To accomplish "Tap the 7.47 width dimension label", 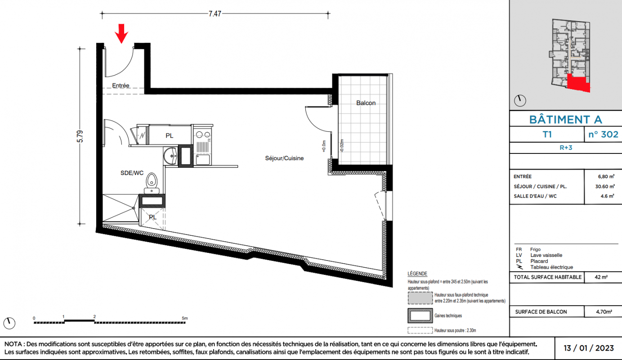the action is (x=215, y=13).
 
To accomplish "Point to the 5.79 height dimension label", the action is (x=80, y=136).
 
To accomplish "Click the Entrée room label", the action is (x=121, y=85).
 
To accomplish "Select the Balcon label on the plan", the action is (x=366, y=103).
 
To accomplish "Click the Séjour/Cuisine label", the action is (x=284, y=158).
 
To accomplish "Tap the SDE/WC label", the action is (x=132, y=173).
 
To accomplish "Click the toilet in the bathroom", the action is (x=152, y=183).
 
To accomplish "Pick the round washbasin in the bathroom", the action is (x=170, y=156).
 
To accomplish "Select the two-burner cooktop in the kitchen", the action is (x=203, y=135).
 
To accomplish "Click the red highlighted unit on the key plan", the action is (x=578, y=83).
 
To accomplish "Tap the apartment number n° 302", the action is (x=603, y=135).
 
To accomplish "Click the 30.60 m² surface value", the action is (x=605, y=186).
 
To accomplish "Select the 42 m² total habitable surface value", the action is (x=601, y=277).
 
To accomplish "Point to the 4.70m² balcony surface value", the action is (x=604, y=312).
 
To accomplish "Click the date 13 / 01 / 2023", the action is (x=588, y=348).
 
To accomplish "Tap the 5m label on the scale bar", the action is (x=185, y=318).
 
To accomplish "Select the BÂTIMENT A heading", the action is (x=566, y=120).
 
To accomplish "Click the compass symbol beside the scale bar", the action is (x=9, y=324).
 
